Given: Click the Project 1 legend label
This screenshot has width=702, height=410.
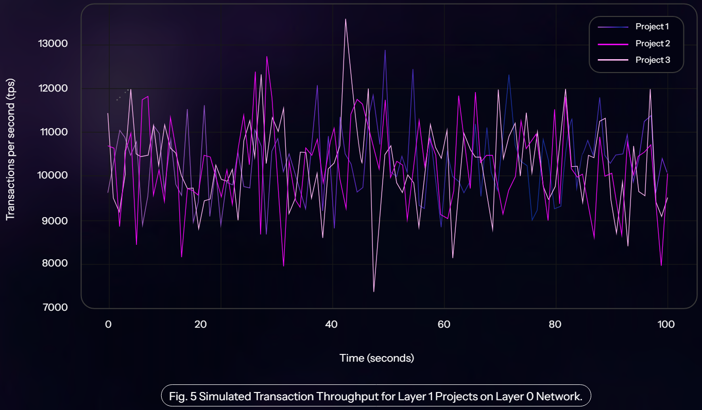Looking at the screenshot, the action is pyautogui.click(x=652, y=27).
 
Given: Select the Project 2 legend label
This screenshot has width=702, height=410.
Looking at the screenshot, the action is pyautogui.click(x=653, y=44).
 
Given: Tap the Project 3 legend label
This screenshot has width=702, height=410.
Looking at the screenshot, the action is pyautogui.click(x=653, y=60).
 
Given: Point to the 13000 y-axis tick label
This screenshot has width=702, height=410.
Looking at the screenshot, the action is pyautogui.click(x=53, y=44).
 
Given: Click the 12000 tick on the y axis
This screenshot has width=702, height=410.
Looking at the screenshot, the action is pyautogui.click(x=53, y=88).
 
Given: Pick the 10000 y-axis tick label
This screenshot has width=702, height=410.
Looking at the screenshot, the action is pyautogui.click(x=53, y=175).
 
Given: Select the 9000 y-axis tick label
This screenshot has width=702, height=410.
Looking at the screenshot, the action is pyautogui.click(x=55, y=221).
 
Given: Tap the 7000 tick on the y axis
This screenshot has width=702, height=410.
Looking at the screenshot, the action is pyautogui.click(x=55, y=307).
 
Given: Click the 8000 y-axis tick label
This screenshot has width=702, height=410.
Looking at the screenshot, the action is pyautogui.click(x=55, y=263).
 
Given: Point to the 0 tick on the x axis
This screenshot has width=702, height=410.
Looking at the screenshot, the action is pyautogui.click(x=108, y=325).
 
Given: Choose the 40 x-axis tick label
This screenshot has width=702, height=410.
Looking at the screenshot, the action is pyautogui.click(x=331, y=325).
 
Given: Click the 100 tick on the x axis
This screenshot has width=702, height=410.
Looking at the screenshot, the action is pyautogui.click(x=666, y=325).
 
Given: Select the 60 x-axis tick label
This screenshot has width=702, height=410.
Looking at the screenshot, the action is pyautogui.click(x=444, y=325).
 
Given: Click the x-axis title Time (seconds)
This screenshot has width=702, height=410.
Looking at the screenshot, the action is pyautogui.click(x=376, y=358).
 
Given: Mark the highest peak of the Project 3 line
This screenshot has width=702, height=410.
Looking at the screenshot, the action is pyautogui.click(x=346, y=19).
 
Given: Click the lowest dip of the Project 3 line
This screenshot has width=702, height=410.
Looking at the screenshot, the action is pyautogui.click(x=373, y=292).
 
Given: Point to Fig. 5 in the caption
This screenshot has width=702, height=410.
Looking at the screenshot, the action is pyautogui.click(x=182, y=396).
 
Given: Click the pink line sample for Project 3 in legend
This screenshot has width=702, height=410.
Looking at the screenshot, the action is pyautogui.click(x=613, y=60).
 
